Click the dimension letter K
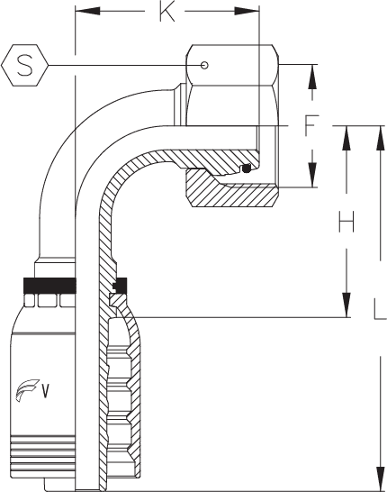click(167, 13)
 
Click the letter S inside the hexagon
click(25, 65)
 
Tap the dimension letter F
click(311, 125)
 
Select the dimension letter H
click(346, 222)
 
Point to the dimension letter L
click(381, 309)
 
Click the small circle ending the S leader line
click(204, 65)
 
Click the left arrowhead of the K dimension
click(86, 12)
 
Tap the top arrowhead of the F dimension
click(312, 77)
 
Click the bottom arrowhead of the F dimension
click(312, 175)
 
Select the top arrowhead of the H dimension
click(346, 138)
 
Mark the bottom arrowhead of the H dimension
click(346, 305)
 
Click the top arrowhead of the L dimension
click(381, 138)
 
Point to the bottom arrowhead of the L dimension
click(381, 477)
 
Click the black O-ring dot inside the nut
click(247, 169)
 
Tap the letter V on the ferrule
click(46, 391)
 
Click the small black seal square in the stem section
click(121, 285)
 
